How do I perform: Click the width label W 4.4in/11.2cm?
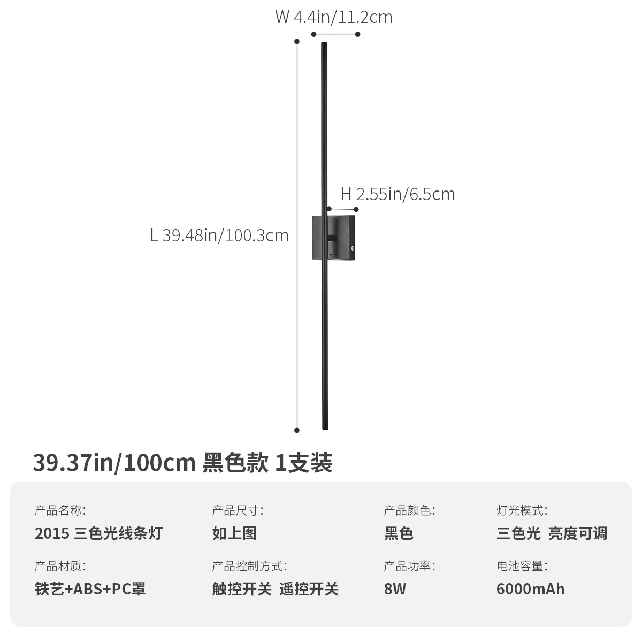334,17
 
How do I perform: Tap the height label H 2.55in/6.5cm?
398,194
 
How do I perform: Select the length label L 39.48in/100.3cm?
219,235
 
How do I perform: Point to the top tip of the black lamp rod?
324,44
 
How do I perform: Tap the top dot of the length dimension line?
297,41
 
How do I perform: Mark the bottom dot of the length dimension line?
297,430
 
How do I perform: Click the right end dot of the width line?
358,35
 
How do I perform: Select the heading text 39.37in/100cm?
114,463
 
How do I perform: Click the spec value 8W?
395,589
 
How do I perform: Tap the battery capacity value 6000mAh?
530,589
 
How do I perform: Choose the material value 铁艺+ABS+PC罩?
90,589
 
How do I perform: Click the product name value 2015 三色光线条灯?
98,533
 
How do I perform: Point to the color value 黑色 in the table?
399,533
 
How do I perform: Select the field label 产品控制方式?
249,566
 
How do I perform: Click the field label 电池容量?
522,566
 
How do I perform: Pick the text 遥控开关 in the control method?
309,589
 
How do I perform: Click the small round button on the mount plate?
353,249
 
